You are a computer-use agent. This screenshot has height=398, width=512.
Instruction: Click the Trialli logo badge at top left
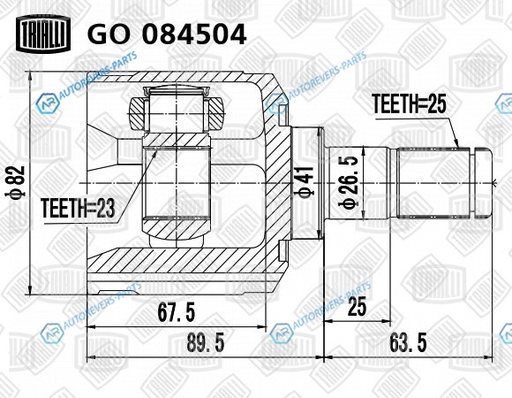coord(43,34)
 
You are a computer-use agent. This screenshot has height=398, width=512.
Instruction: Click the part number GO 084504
coord(167,34)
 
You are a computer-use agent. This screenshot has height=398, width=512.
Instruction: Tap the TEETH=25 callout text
coord(409,104)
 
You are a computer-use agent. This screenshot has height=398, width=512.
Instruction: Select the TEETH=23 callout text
coord(79,209)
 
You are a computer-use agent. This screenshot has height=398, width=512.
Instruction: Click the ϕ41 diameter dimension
coord(305,182)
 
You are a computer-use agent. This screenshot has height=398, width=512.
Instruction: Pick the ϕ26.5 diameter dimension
coord(349,182)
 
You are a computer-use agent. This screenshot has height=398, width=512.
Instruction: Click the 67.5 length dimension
coord(177,312)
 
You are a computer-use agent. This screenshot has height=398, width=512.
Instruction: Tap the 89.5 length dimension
coord(206,343)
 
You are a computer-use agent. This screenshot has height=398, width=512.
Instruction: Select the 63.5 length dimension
coord(408,343)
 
